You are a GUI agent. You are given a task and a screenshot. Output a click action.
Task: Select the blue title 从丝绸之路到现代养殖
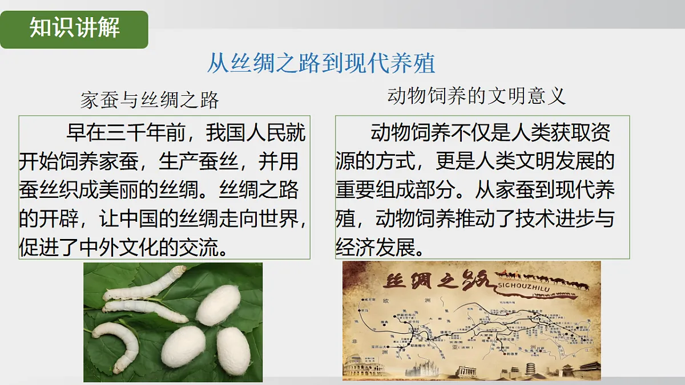[x=321, y=63]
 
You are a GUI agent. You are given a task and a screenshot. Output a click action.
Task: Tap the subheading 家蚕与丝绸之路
[x=150, y=100]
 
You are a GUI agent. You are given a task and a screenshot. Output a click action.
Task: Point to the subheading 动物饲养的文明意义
[x=476, y=96]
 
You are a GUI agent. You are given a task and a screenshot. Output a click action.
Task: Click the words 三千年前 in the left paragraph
[x=138, y=135]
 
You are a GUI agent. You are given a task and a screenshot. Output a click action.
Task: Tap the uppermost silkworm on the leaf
[x=146, y=286]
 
